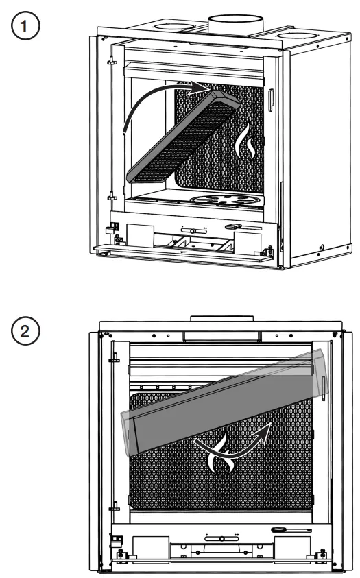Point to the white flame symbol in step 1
point(245,143)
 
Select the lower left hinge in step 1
point(109,198)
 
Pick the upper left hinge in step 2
point(115,357)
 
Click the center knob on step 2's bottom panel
point(221,539)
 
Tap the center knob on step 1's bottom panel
point(194,230)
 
